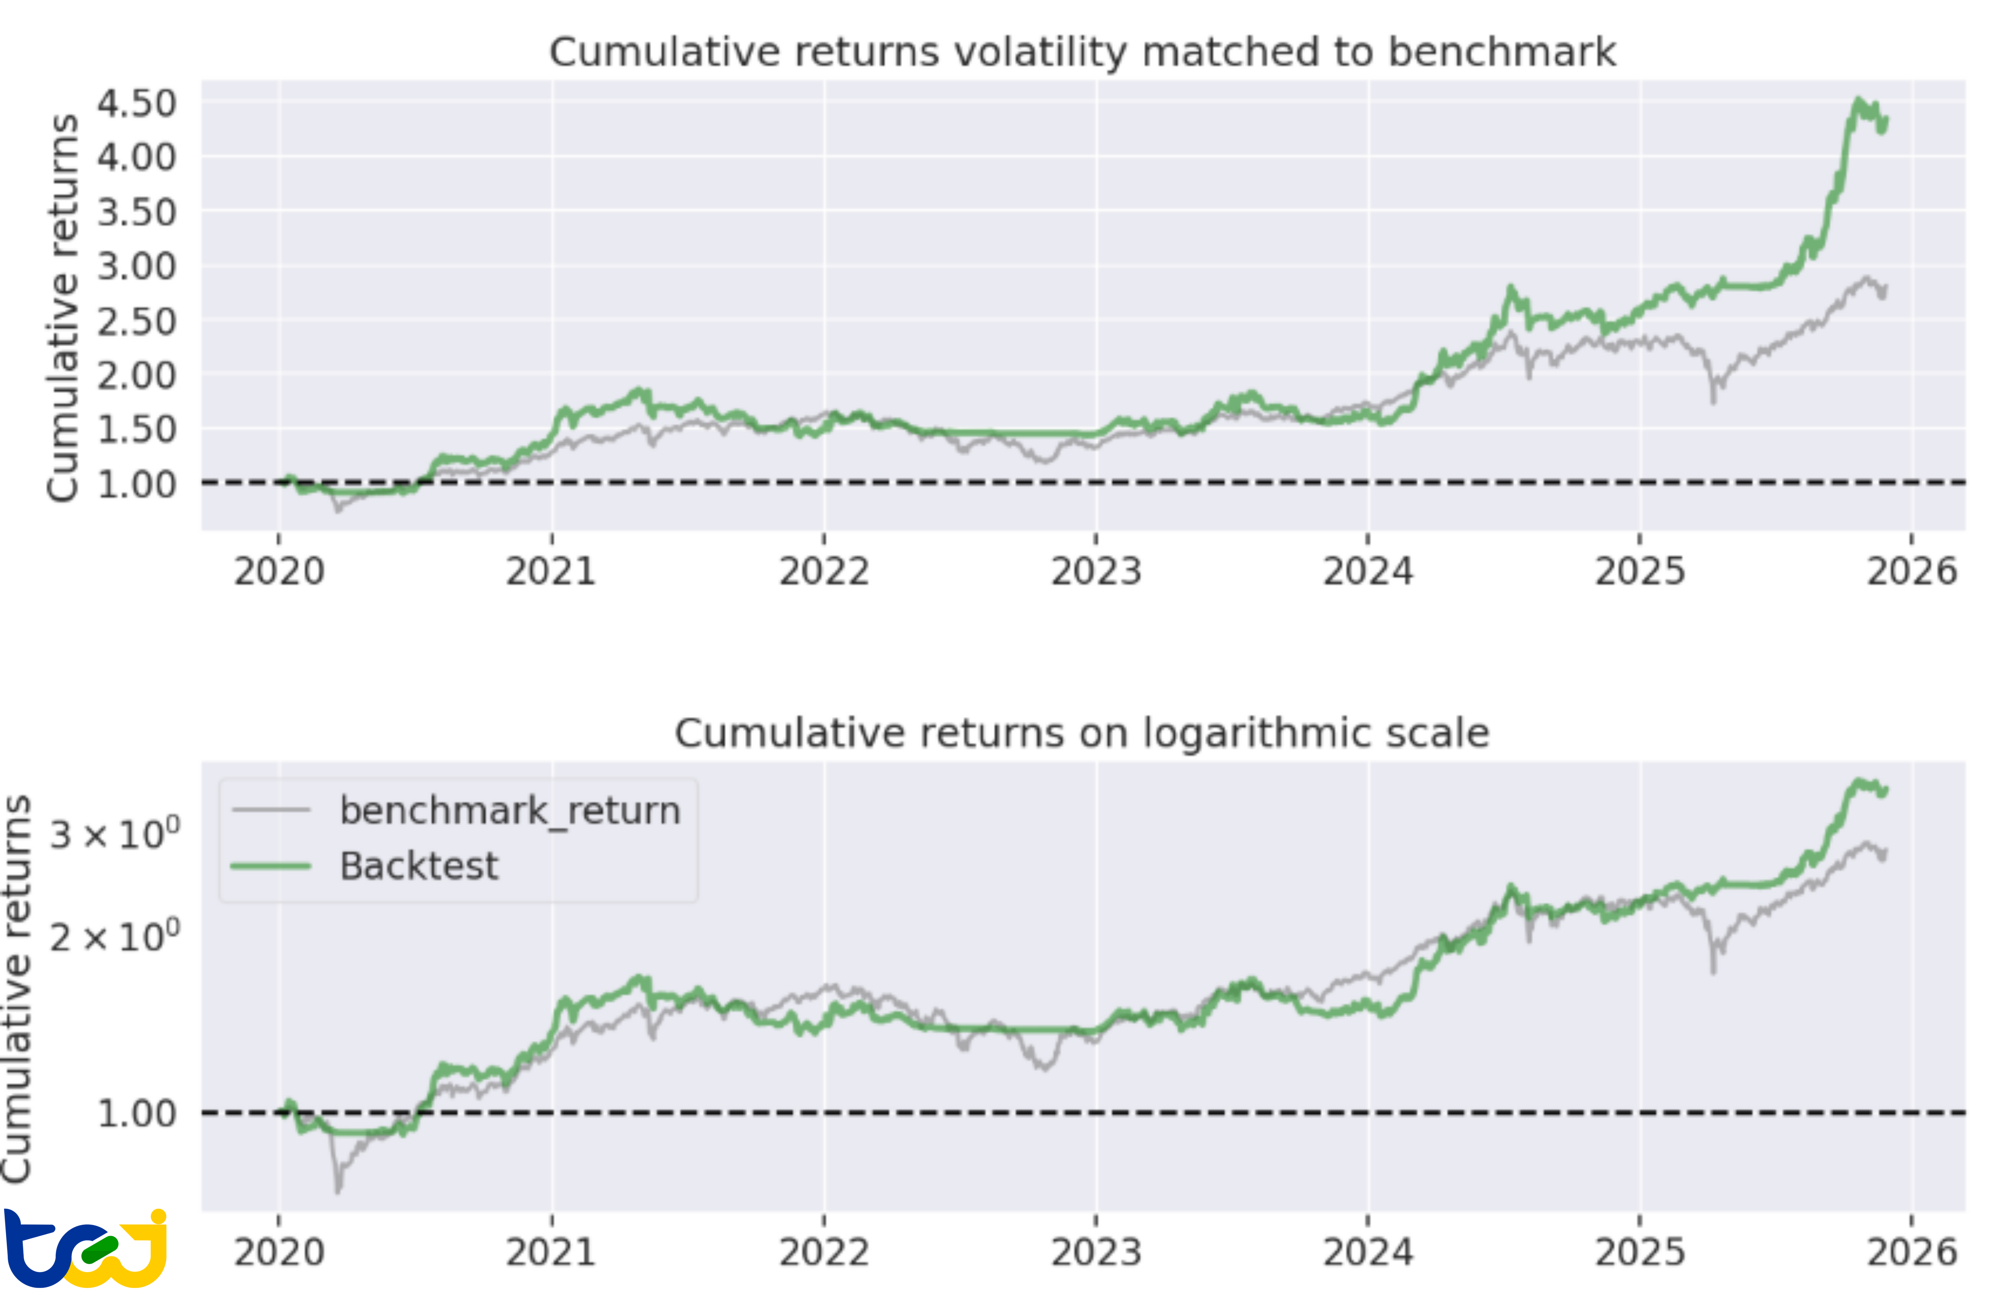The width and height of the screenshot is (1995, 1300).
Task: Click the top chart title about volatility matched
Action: click(x=1081, y=52)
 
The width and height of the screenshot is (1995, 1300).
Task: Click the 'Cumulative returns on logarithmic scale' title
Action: click(x=1081, y=733)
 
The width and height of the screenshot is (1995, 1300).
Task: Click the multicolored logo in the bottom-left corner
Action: click(x=84, y=1249)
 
